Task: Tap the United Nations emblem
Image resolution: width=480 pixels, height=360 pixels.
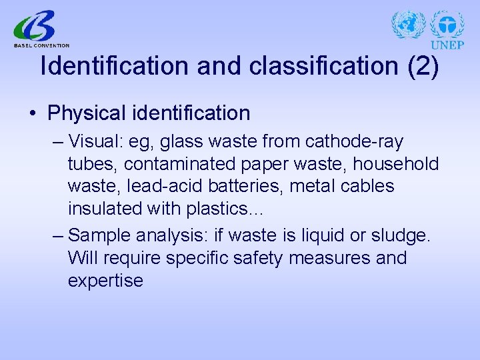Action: point(408,25)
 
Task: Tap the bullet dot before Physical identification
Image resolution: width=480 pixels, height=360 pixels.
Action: point(33,113)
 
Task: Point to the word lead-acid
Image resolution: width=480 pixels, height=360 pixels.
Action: point(157,186)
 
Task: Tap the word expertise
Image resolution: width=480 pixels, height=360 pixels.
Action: point(105,281)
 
